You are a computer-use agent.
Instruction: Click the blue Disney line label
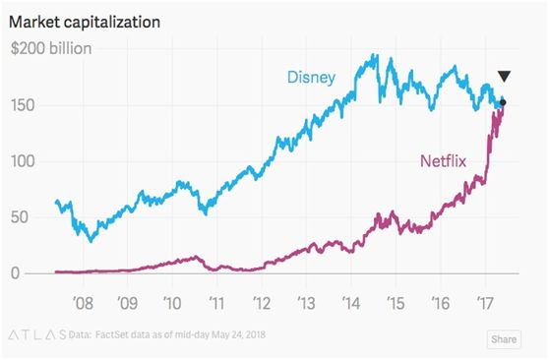tap(312, 77)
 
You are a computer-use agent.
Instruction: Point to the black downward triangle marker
tap(504, 77)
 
